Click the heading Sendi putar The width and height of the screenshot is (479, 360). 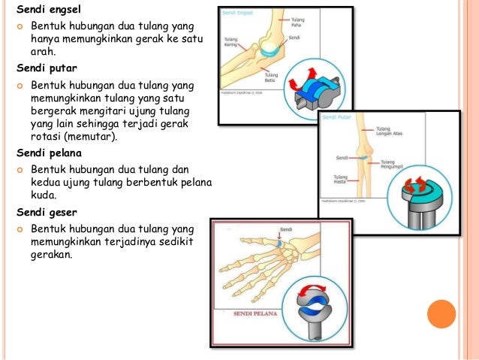44,66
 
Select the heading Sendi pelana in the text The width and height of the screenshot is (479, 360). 47,153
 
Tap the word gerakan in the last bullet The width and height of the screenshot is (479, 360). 51,254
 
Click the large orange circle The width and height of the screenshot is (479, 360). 441,314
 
